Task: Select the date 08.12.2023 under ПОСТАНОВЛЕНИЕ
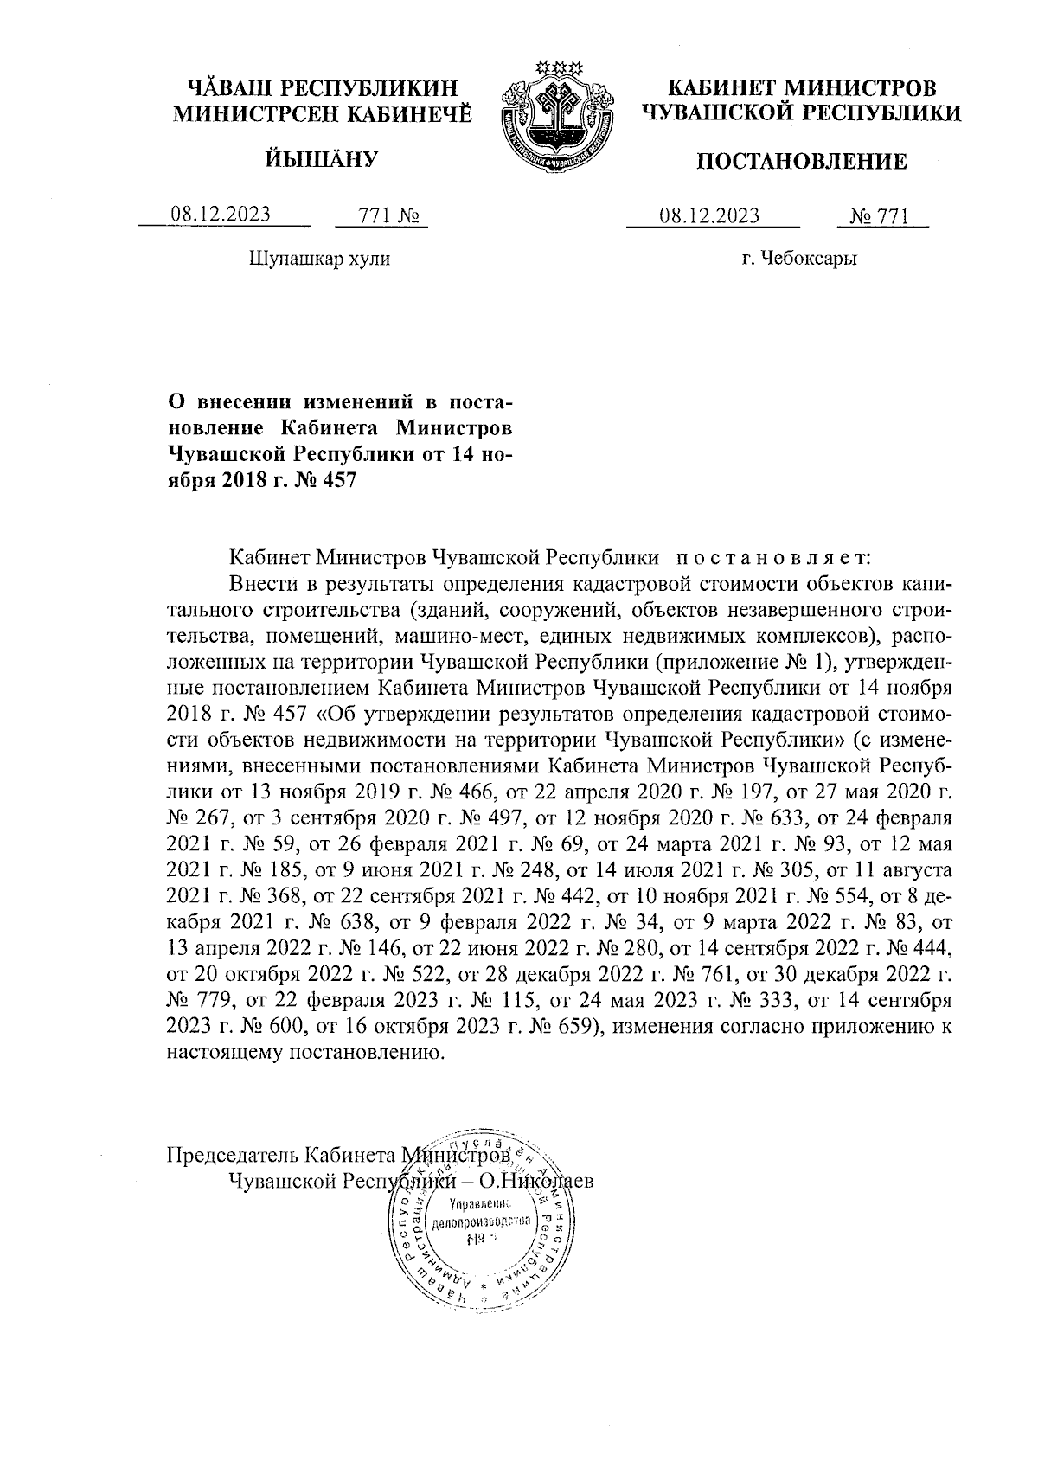click(709, 216)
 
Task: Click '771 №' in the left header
click(381, 215)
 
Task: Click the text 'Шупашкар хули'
click(319, 258)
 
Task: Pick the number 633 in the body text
click(771, 816)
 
